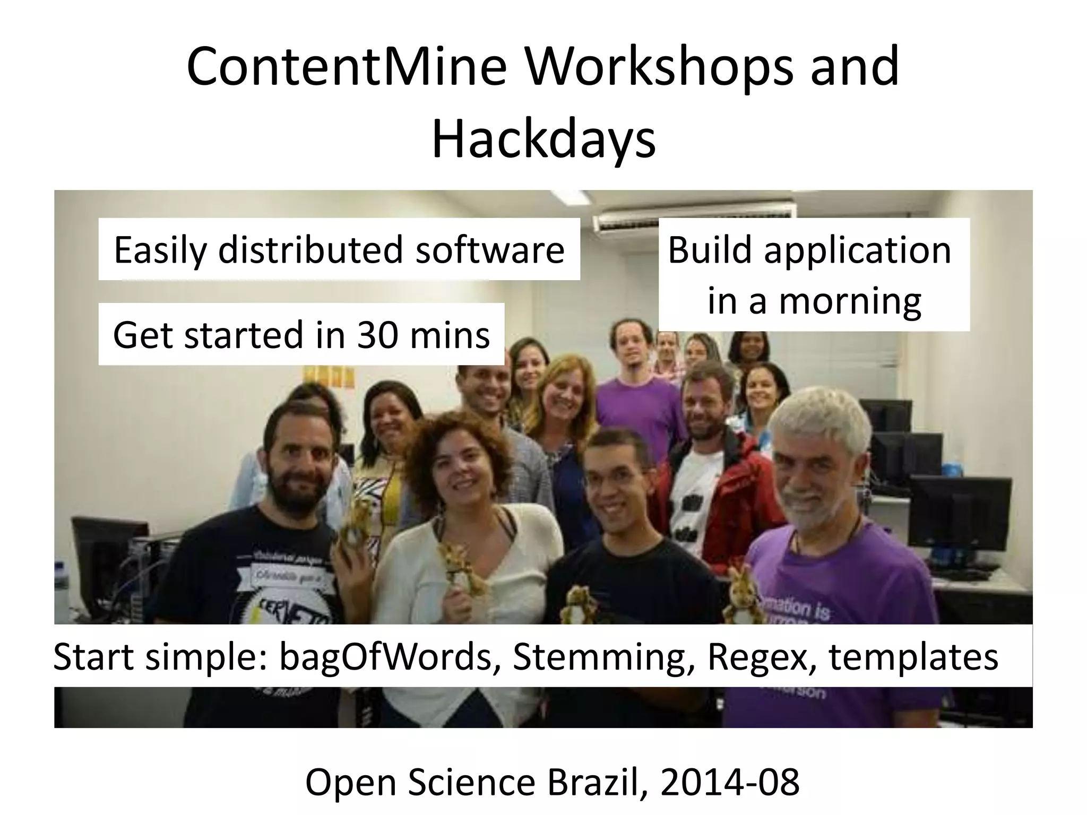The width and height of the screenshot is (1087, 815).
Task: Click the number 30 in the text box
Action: tap(377, 335)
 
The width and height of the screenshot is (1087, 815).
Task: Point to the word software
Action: tap(489, 250)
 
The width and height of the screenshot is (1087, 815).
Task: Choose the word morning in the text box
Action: tap(850, 301)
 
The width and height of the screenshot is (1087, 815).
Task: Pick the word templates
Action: tap(913, 657)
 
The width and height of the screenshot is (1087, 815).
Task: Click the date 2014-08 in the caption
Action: tap(730, 783)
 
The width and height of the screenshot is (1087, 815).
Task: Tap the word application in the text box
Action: tap(857, 250)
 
